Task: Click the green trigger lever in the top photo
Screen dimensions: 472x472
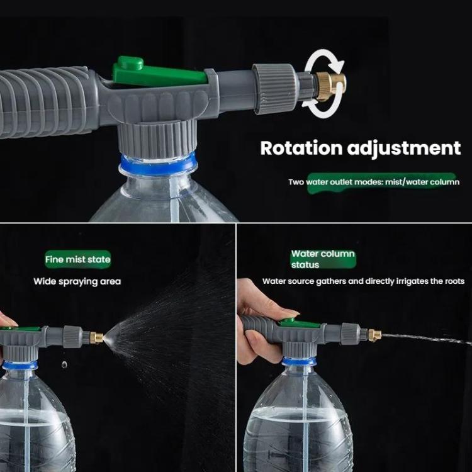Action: tap(157, 72)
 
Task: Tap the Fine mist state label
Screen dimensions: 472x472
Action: tap(78, 259)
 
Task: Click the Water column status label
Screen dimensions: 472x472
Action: tap(323, 259)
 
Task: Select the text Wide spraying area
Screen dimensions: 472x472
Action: tap(77, 281)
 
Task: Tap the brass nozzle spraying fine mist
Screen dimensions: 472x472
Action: tap(97, 338)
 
